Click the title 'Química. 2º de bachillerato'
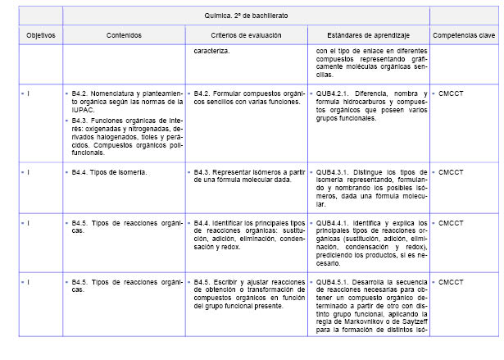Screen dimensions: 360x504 pyautogui.click(x=246, y=16)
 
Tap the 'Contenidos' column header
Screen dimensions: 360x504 pyautogui.click(x=124, y=36)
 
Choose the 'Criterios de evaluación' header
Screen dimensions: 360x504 pyautogui.click(x=246, y=36)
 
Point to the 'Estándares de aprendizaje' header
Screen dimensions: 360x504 pyautogui.click(x=368, y=36)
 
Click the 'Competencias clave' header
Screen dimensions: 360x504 pyautogui.click(x=464, y=36)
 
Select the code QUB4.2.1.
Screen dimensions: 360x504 pyautogui.click(x=334, y=94)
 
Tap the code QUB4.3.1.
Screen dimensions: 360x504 pyautogui.click(x=334, y=173)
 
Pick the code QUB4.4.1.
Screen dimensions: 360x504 pyautogui.click(x=334, y=222)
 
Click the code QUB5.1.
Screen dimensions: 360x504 pyautogui.click(x=334, y=282)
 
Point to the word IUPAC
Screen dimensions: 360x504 pyautogui.click(x=83, y=110)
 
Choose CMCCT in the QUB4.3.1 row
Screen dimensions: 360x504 pyautogui.click(x=452, y=173)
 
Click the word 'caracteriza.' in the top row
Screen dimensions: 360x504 pyautogui.click(x=211, y=51)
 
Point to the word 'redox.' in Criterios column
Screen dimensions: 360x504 pyautogui.click(x=226, y=246)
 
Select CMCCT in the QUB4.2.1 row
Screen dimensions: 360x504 pyautogui.click(x=452, y=94)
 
